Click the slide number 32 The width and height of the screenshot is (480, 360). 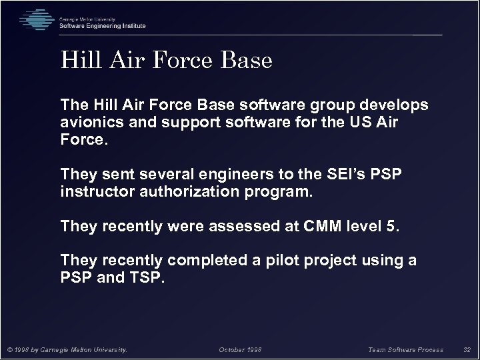point(466,349)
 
